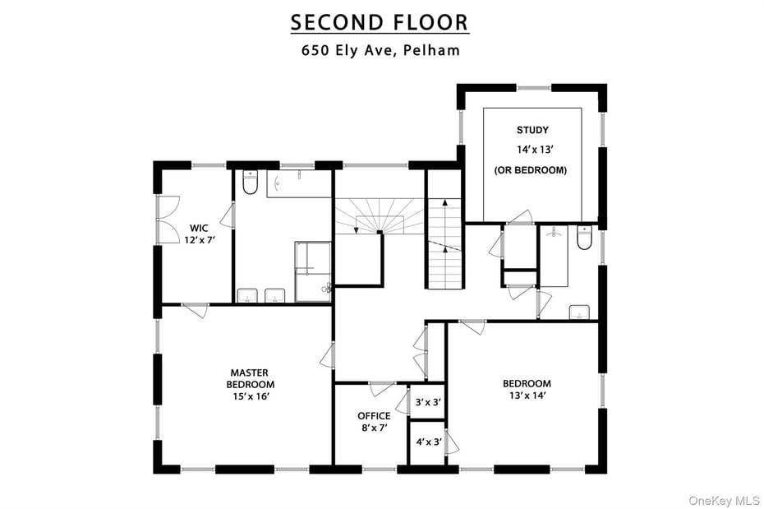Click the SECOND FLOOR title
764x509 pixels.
pos(380,22)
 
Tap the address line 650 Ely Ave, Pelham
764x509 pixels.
pos(380,50)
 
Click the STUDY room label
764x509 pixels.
pos(532,130)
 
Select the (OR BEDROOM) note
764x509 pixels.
pos(532,170)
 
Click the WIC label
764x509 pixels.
pos(199,228)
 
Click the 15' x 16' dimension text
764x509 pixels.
pos(251,396)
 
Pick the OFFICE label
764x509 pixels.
pos(373,416)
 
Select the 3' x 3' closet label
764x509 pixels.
pos(428,403)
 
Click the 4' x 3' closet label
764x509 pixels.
pos(428,442)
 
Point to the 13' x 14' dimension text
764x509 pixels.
pos(527,396)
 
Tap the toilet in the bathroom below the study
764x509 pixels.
pos(584,238)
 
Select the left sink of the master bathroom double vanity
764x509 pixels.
pos(247,295)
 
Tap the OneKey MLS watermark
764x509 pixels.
pos(723,500)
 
